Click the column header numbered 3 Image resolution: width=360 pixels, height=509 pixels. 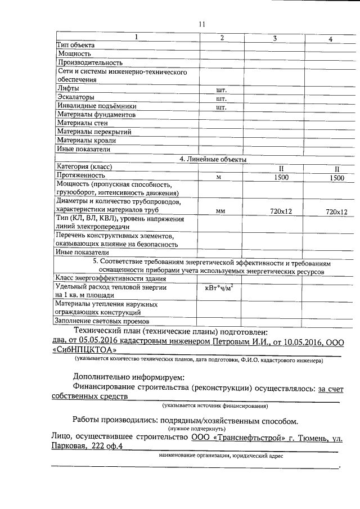click(x=274, y=38)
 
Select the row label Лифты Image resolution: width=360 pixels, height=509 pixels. click(x=68, y=88)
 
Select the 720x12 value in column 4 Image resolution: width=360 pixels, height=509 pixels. click(x=336, y=211)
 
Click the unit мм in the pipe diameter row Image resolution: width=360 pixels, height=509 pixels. click(x=220, y=211)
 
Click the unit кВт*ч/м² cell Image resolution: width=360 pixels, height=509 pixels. click(x=222, y=288)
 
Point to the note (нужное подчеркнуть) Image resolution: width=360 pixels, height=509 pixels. click(x=195, y=427)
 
